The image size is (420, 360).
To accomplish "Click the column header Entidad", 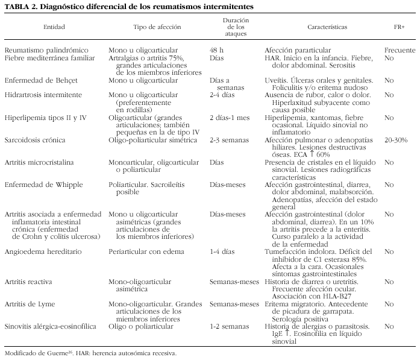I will (54, 28).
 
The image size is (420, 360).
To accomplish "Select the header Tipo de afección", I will (158, 28).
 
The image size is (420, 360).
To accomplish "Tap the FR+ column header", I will (399, 28).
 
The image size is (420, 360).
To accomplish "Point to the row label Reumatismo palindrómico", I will (46, 49).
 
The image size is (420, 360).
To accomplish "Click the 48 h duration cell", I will (216, 49).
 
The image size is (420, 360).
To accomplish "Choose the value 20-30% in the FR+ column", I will (396, 140).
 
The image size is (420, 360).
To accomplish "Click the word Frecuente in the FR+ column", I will (400, 49).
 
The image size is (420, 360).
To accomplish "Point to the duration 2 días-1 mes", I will (228, 118).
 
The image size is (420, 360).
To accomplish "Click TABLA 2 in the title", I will (20, 7).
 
